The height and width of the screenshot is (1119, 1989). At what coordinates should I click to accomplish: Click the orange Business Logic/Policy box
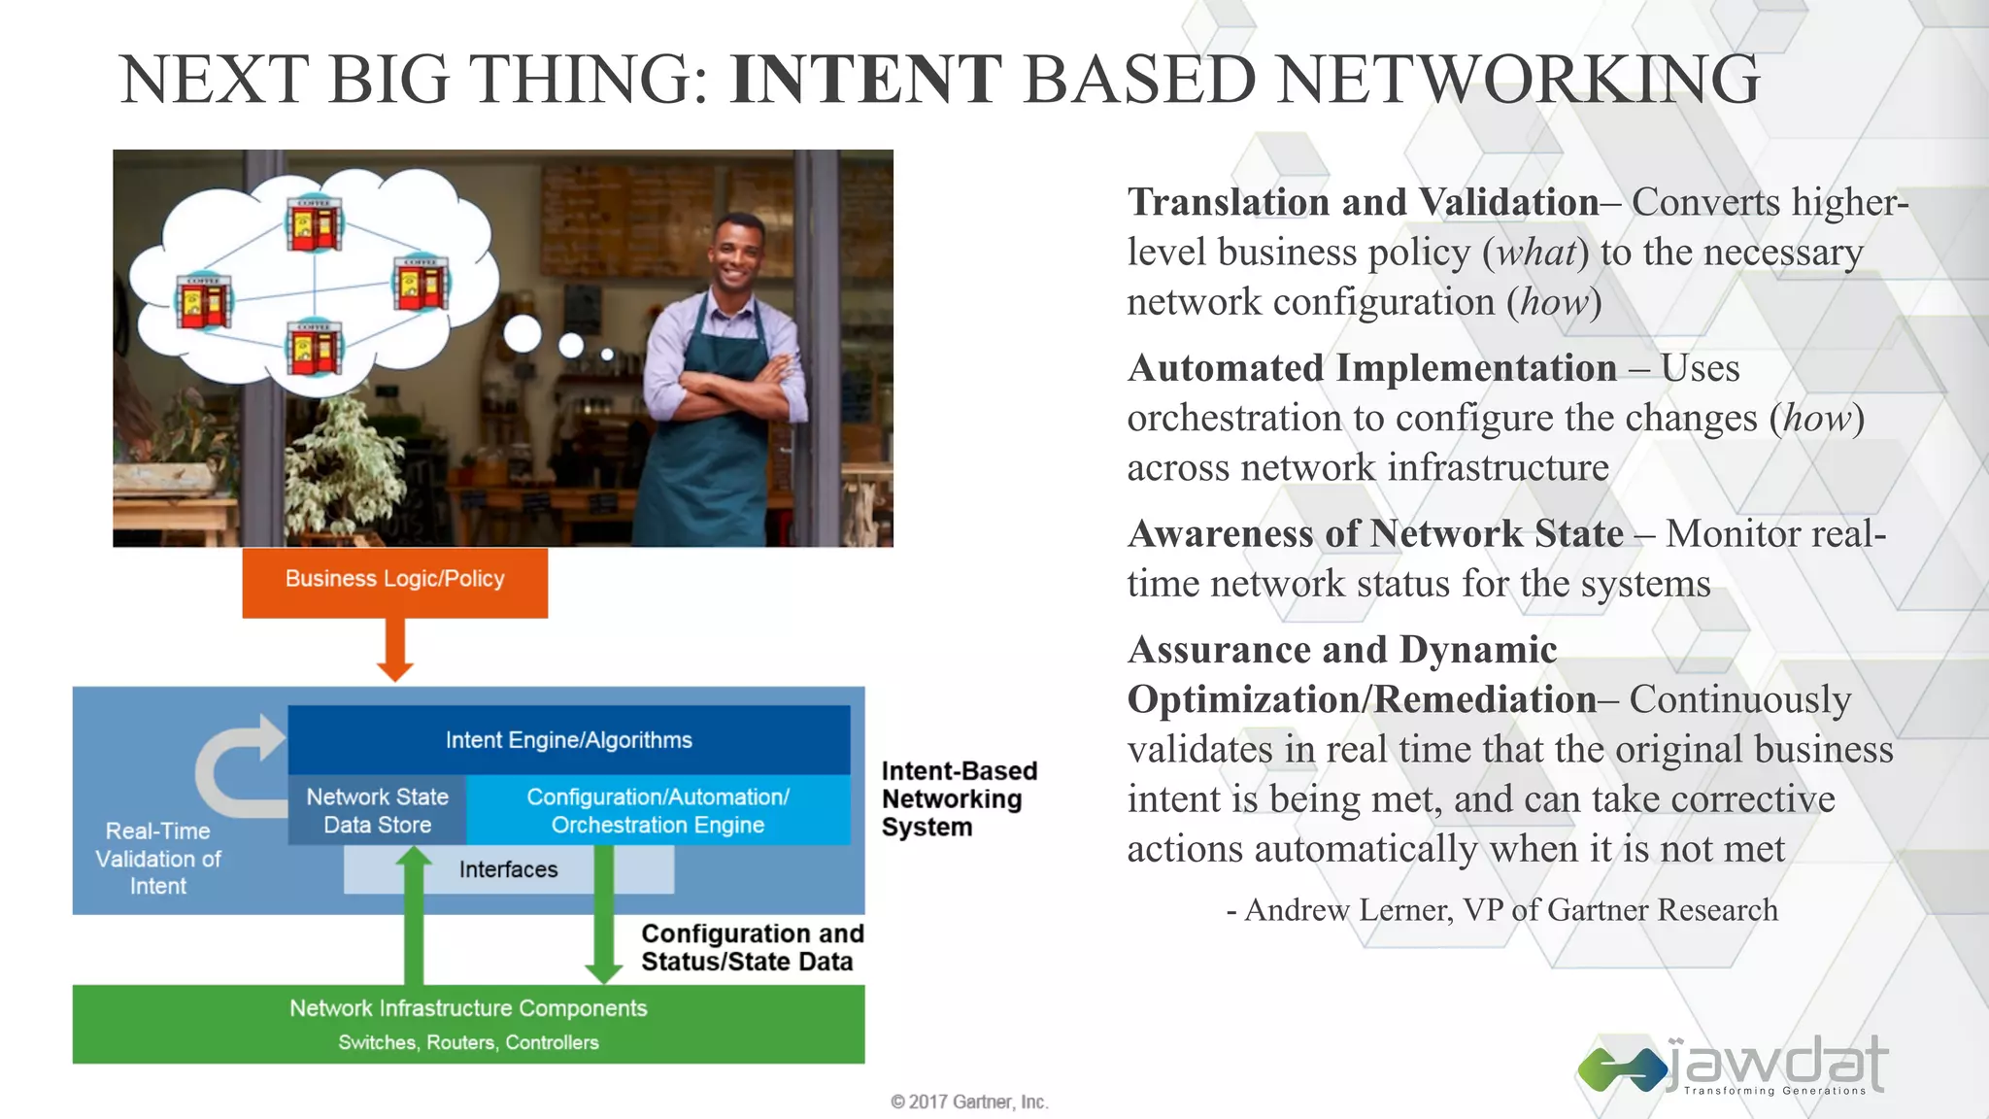pos(394,581)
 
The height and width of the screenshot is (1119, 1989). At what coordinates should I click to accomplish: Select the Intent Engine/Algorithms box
pos(568,740)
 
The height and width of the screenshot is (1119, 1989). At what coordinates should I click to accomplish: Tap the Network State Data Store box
pos(377,810)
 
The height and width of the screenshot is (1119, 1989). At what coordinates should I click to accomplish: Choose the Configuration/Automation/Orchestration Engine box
pos(657,810)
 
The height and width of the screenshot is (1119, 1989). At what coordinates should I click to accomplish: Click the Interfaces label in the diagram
pos(508,869)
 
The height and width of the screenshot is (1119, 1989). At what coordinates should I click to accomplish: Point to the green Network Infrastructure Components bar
pos(468,1024)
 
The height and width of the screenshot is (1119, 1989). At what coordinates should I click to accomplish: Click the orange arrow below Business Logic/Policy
pos(394,650)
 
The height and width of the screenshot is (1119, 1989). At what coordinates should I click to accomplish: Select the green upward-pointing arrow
pos(414,913)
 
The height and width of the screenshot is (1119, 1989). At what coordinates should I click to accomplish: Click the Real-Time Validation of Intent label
pos(158,859)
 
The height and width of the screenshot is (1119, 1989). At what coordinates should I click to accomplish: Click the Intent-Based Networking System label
pos(958,798)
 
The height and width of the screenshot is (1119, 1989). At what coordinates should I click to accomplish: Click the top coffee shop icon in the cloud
pos(314,224)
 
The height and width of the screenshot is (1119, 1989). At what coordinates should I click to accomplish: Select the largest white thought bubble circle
pos(523,334)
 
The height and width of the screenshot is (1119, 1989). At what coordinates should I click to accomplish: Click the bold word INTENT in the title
pos(865,80)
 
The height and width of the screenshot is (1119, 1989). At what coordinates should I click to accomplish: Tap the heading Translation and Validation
pos(1363,203)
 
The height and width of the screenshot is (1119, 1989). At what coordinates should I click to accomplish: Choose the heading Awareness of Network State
pos(1374,534)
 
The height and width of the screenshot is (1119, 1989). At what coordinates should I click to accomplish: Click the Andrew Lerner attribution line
pos(1501,910)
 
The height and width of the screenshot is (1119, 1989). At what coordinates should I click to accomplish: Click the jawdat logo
pos(1734,1066)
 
